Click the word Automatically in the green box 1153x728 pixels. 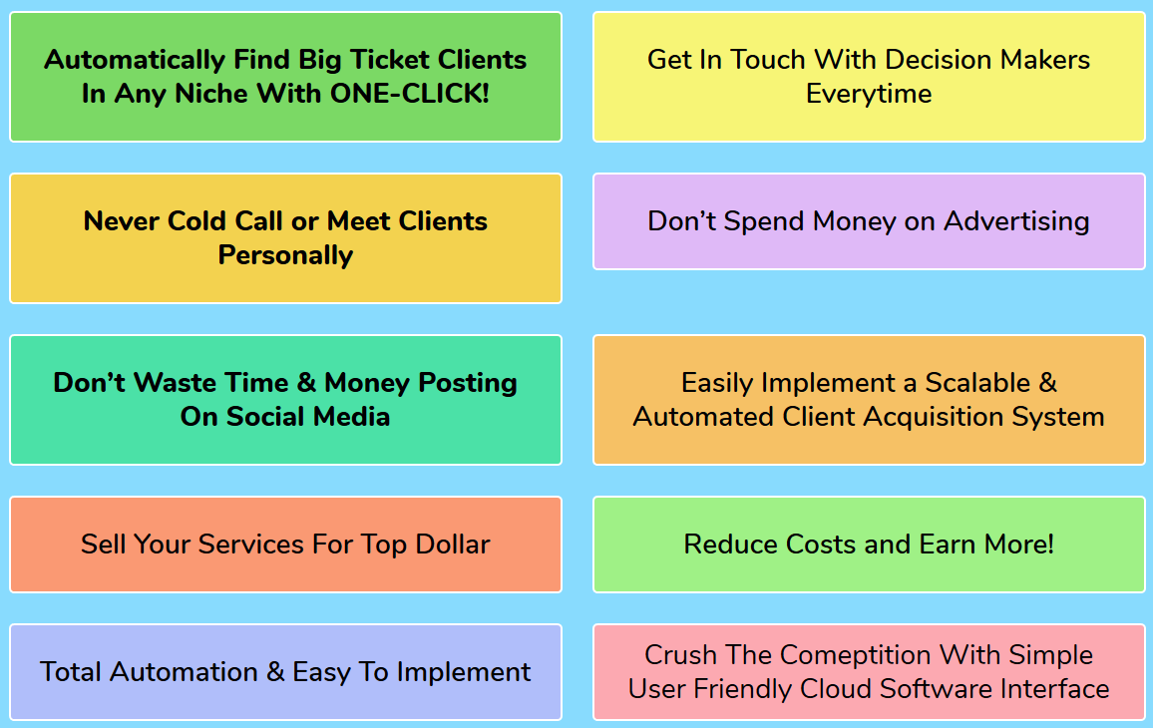click(x=135, y=60)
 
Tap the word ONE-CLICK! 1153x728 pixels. click(x=410, y=94)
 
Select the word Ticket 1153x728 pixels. click(x=390, y=60)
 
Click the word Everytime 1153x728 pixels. click(x=869, y=94)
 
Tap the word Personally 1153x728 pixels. click(x=285, y=256)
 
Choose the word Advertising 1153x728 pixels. click(x=1016, y=222)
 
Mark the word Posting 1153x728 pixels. click(x=468, y=383)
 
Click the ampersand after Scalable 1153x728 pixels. click(x=1048, y=383)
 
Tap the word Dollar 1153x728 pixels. click(x=452, y=545)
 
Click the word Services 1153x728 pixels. click(x=250, y=545)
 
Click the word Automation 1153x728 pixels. click(x=184, y=672)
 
